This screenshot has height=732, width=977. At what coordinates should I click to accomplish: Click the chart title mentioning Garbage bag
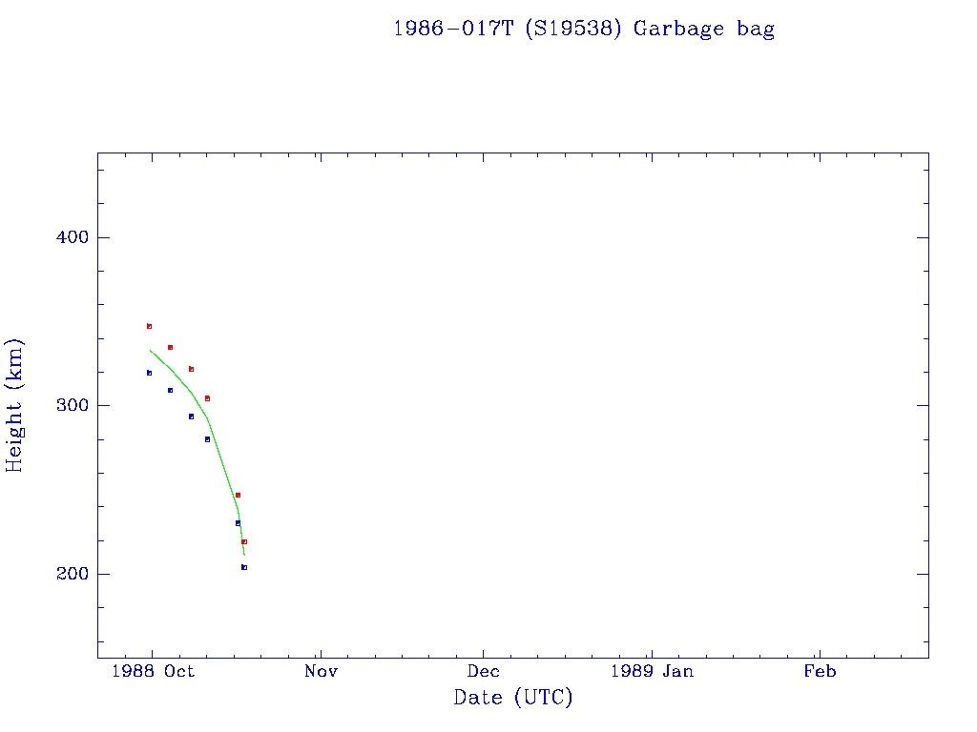tap(583, 29)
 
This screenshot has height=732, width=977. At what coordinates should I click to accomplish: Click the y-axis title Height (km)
tap(15, 405)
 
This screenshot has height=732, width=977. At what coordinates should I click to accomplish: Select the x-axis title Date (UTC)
tap(513, 698)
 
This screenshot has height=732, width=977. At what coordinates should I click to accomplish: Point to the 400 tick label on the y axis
tap(68, 237)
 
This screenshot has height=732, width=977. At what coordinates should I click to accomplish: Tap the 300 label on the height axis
tap(68, 405)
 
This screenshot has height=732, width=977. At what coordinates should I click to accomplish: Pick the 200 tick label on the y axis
tap(68, 574)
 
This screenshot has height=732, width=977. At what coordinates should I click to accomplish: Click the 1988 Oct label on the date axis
tap(153, 671)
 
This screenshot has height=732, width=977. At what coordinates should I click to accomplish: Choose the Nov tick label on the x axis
tap(322, 671)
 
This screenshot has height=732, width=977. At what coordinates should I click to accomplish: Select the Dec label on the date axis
tap(483, 671)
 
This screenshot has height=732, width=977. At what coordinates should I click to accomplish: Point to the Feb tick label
tap(819, 671)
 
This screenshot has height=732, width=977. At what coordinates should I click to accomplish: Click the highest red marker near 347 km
tap(149, 326)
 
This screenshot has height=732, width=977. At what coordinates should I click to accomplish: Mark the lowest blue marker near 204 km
tap(244, 567)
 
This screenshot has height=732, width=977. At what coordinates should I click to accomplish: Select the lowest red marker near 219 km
tap(244, 541)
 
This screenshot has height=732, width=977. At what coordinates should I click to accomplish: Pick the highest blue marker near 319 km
tap(149, 373)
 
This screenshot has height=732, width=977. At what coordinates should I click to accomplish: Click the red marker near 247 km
tap(238, 495)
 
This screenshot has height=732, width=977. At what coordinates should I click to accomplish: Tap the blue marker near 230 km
tap(238, 522)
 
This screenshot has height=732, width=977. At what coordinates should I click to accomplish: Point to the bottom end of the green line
tap(244, 555)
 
